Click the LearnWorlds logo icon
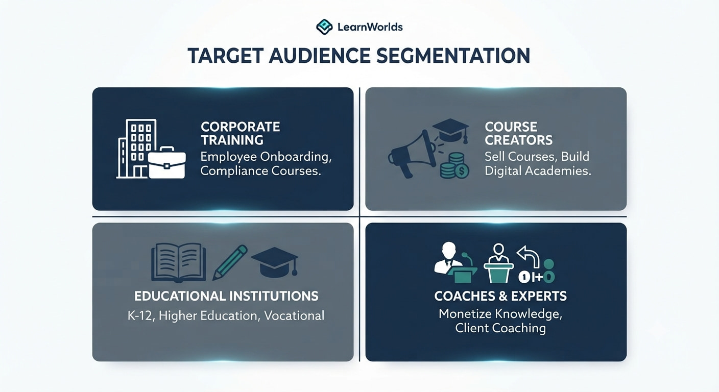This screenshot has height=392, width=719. pos(324,27)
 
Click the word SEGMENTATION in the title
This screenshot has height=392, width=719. pos(453,56)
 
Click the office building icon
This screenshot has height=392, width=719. pos(136,149)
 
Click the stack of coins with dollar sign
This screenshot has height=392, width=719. pos(454,165)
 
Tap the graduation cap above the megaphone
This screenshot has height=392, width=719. pos(450,131)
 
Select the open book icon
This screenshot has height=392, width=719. pos(178,262)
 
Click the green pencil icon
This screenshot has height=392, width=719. pos(230,262)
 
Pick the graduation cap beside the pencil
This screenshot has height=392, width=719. pos(275,262)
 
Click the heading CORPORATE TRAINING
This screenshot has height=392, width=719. pos(240,133)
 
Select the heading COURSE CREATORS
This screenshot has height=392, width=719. pos(519,133)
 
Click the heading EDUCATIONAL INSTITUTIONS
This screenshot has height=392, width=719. pos(226,296)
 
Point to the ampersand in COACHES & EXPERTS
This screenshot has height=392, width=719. pos(501,296)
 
